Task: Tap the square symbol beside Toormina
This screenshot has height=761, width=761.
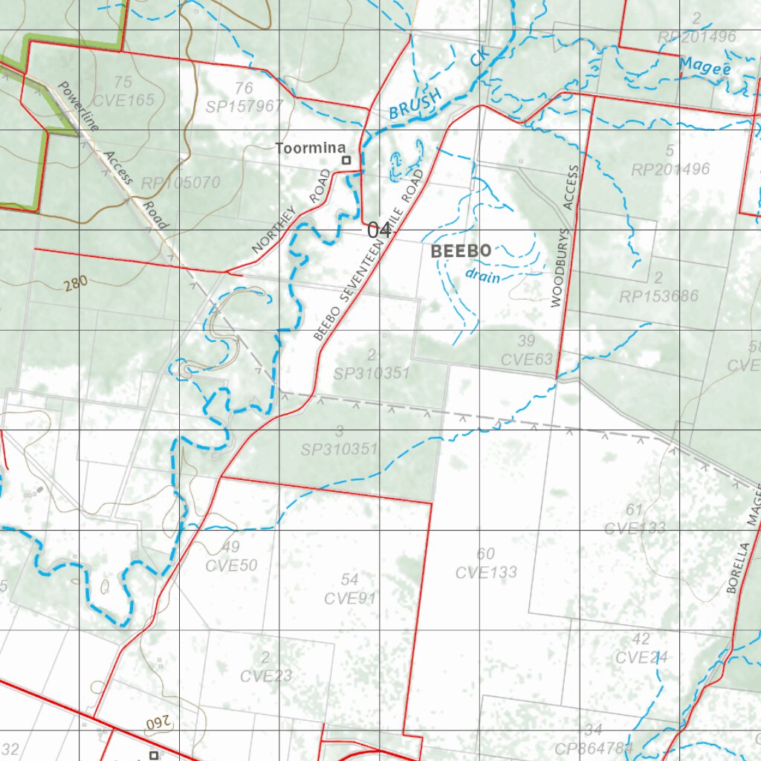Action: pyautogui.click(x=346, y=160)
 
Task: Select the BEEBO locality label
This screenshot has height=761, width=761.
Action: pyautogui.click(x=461, y=251)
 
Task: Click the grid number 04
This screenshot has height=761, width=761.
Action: pyautogui.click(x=379, y=230)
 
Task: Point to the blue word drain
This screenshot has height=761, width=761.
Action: pyautogui.click(x=482, y=276)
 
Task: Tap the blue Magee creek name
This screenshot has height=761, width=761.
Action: pyautogui.click(x=705, y=68)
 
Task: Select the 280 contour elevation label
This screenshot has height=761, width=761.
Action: pyautogui.click(x=75, y=282)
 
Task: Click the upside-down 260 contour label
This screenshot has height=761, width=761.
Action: pyautogui.click(x=147, y=722)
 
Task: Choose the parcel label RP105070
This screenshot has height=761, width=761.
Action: pyautogui.click(x=181, y=183)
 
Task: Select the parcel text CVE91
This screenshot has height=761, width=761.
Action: pyautogui.click(x=350, y=598)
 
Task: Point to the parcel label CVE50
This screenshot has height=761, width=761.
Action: pyautogui.click(x=232, y=566)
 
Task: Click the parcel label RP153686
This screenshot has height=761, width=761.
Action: pyautogui.click(x=659, y=297)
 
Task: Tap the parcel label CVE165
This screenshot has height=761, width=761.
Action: pyautogui.click(x=123, y=99)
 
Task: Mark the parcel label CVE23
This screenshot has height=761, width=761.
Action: pyautogui.click(x=266, y=676)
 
